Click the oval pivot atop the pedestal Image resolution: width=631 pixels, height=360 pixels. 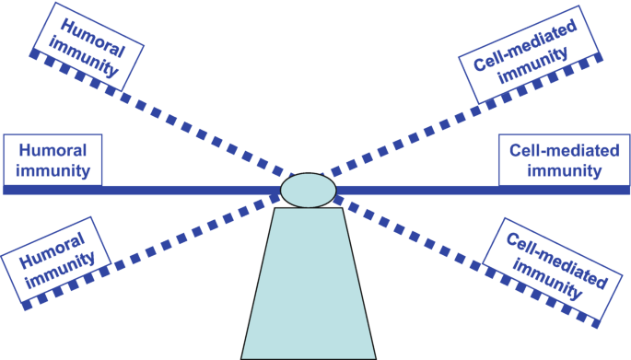click(x=308, y=190)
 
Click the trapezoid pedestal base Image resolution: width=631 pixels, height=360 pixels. click(x=308, y=285)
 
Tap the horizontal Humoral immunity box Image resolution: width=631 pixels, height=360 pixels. click(x=52, y=160)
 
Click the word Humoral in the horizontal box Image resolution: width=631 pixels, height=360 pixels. click(x=53, y=150)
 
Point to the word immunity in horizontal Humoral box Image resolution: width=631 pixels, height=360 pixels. click(x=53, y=170)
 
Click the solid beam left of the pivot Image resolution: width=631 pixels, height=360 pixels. click(x=184, y=191)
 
